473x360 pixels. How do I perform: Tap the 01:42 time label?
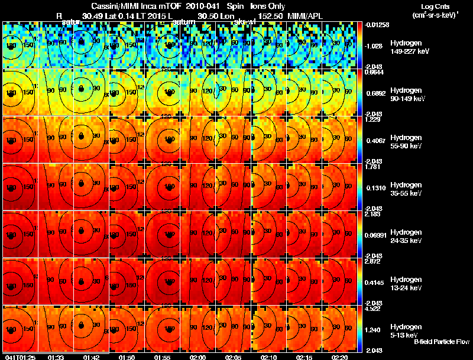click(x=91, y=357)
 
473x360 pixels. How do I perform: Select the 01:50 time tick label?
click(x=127, y=357)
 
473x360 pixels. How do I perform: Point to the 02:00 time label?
click(x=197, y=357)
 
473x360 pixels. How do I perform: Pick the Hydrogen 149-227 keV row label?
click(x=409, y=47)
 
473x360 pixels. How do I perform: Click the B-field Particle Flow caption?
click(x=441, y=342)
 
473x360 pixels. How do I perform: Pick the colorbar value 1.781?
click(x=373, y=167)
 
